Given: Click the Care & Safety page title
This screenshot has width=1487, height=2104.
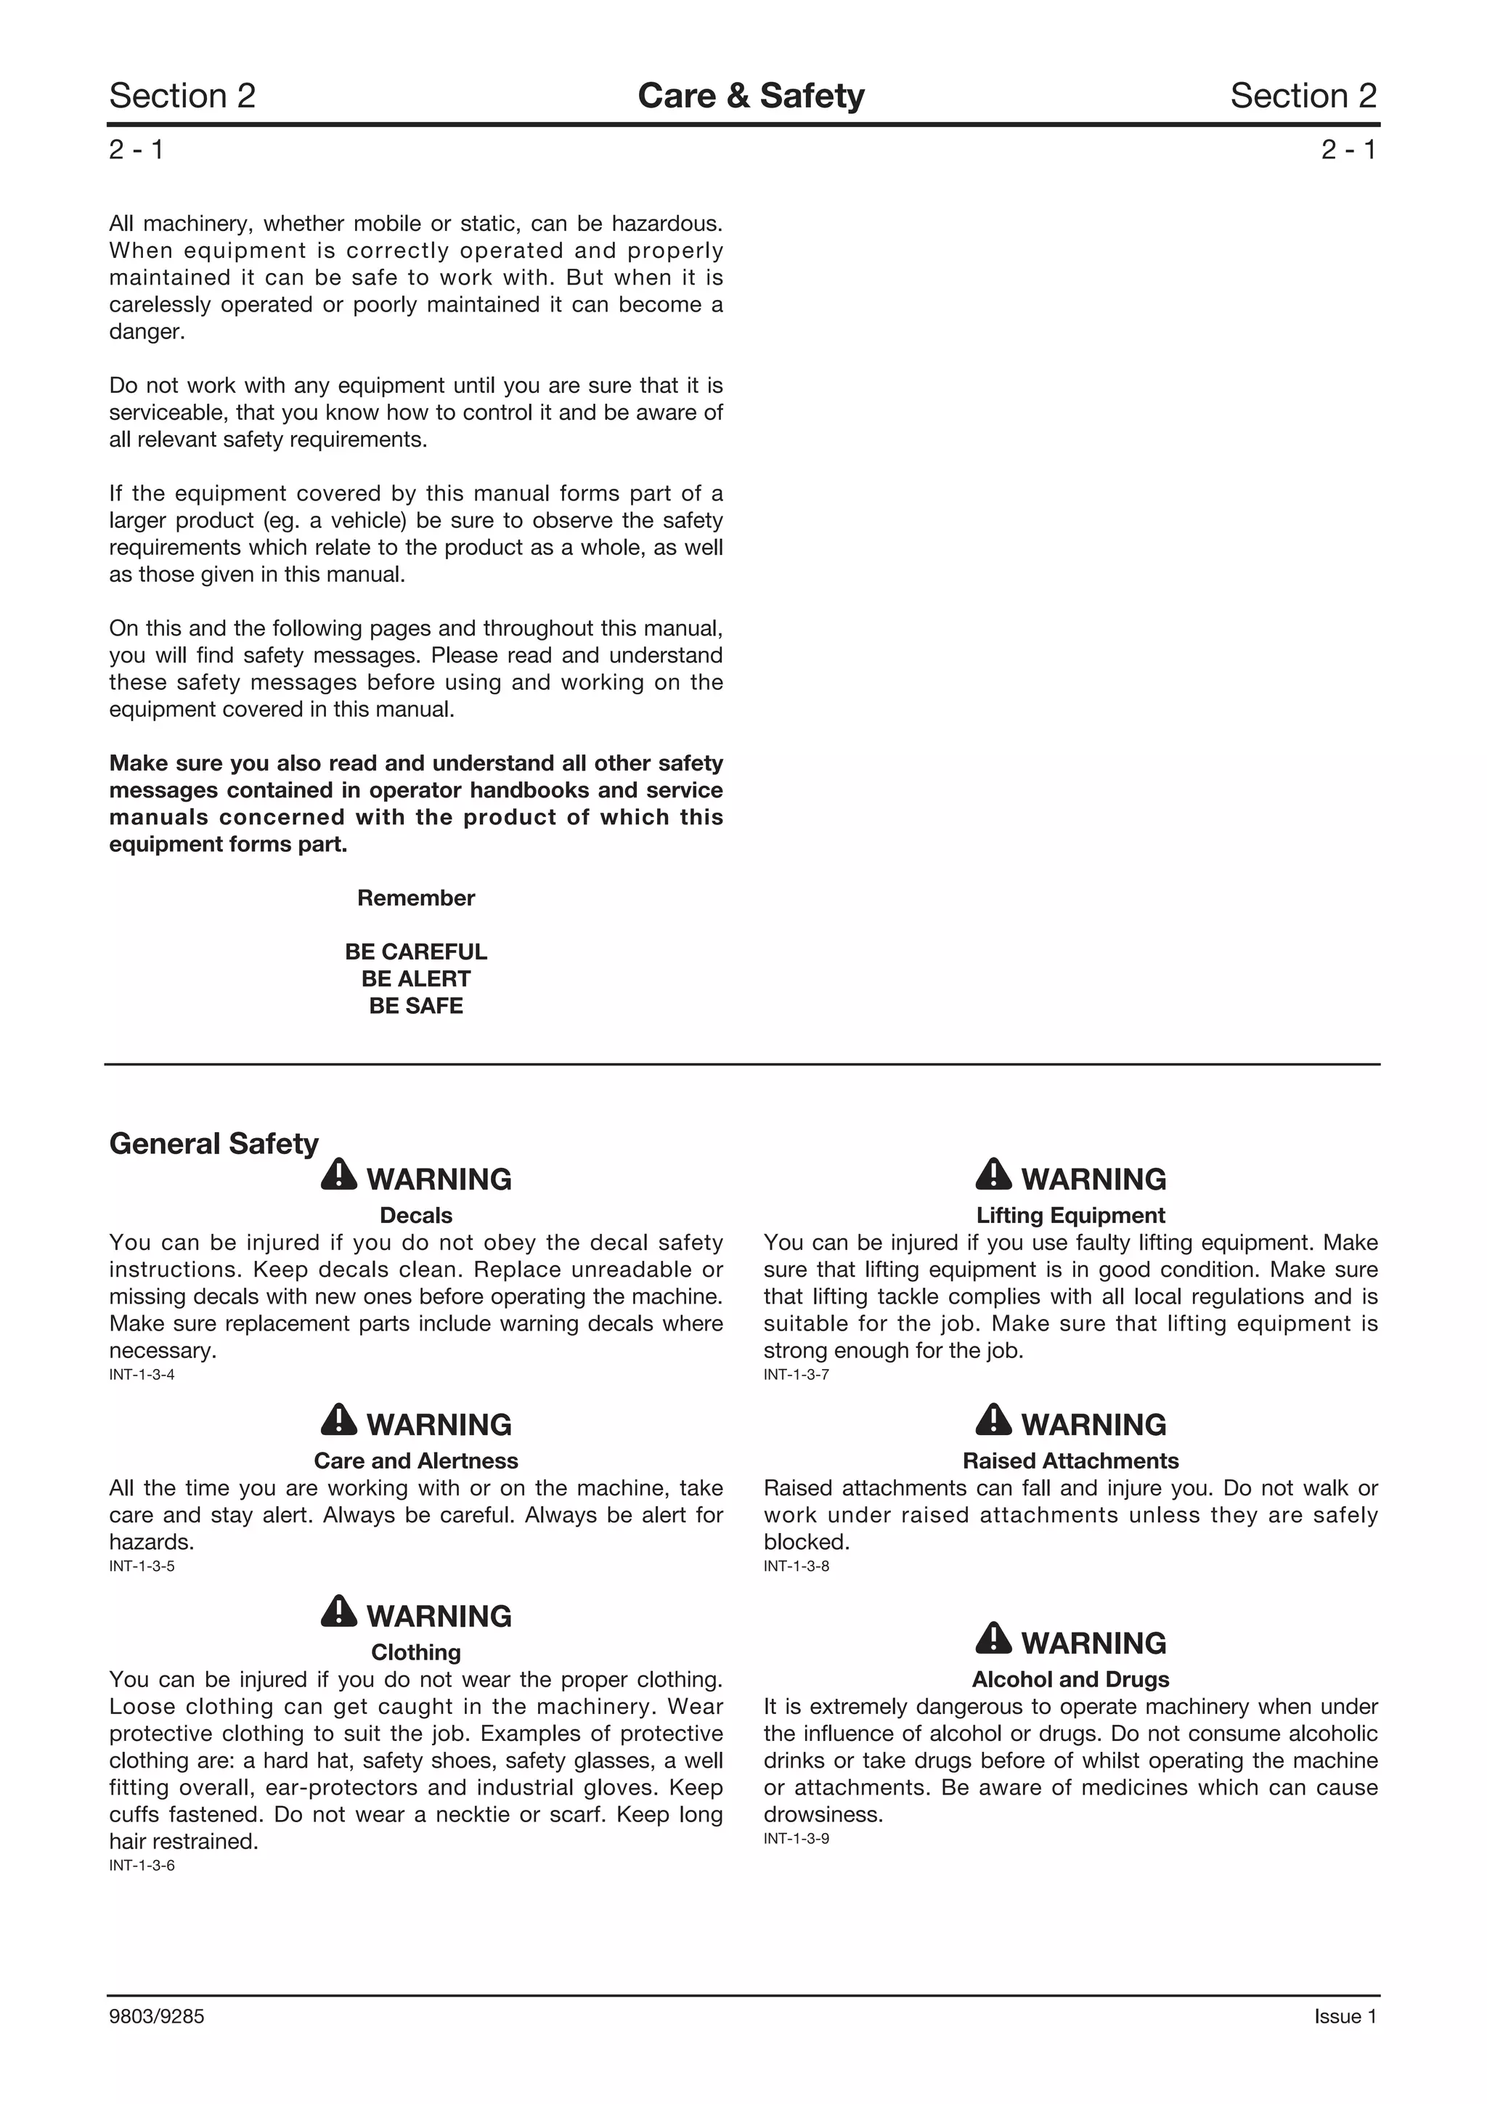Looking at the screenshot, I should pos(750,95).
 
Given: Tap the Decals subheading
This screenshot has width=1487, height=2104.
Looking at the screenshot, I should pos(416,1215).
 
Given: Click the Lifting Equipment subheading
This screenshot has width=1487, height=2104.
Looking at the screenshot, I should pos(1070,1215).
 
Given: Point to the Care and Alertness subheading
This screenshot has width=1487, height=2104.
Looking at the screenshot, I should pos(416,1461).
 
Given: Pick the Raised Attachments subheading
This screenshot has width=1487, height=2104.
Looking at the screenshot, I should pos(1070,1461).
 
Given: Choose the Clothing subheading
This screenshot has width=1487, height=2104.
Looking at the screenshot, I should pos(416,1652).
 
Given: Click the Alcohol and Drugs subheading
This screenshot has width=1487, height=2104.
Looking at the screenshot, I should pos(1070,1679).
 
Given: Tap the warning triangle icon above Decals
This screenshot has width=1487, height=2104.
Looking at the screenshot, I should pos(339,1175).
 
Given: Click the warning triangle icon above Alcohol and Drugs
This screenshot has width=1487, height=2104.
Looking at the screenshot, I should pos(993,1638).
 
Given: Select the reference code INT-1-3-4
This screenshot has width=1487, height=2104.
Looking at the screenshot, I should pos(142,1375).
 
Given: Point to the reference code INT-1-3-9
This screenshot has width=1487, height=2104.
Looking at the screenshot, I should pos(797,1838).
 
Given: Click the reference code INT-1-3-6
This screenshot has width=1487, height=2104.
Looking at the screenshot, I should pos(142,1865).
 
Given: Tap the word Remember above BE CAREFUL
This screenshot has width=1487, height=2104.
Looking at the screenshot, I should pos(416,898).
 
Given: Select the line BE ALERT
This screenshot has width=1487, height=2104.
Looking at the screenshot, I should pos(416,979).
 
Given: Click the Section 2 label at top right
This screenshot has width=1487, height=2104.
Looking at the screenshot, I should pos(1303,95).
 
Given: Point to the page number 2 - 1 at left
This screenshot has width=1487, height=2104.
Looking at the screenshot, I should pos(137,150).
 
